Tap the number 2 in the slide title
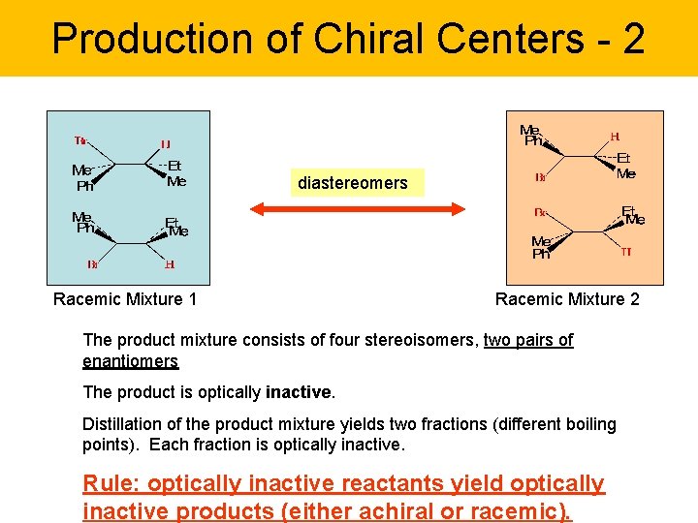tap(631, 39)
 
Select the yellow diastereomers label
tap(353, 183)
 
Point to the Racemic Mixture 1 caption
tap(125, 299)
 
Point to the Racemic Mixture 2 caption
tap(567, 299)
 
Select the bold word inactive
tap(300, 392)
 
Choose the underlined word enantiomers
tap(131, 361)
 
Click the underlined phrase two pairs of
tap(528, 340)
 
